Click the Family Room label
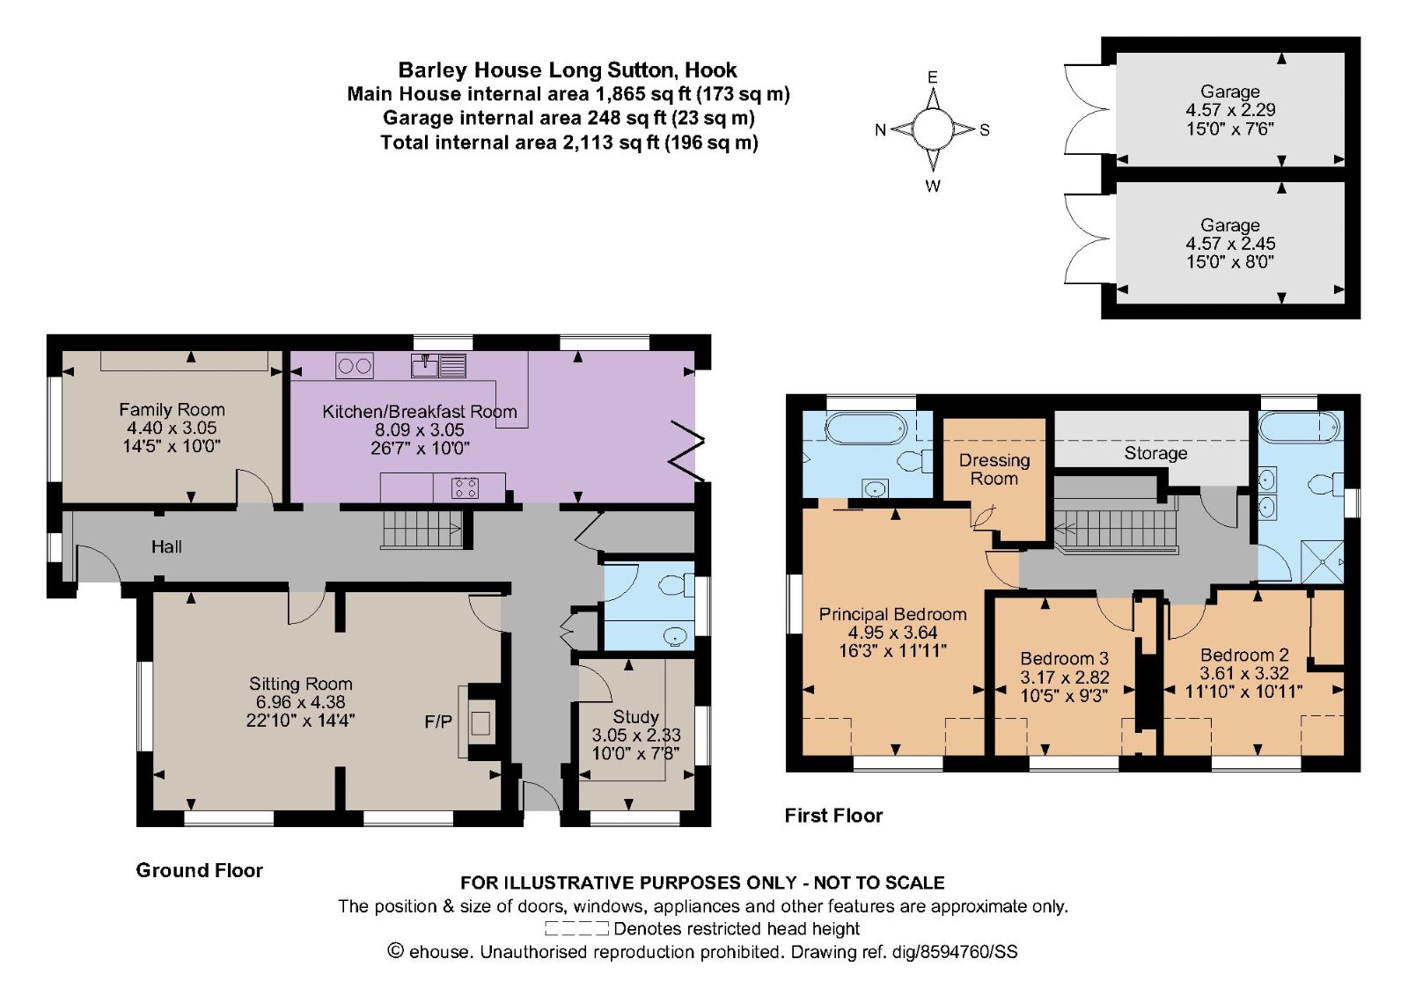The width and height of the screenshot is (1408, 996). [172, 410]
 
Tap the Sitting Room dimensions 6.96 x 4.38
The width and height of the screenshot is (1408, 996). [300, 702]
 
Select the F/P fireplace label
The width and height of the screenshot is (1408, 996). [438, 721]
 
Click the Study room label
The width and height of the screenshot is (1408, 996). [635, 717]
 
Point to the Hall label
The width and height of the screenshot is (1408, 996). [166, 546]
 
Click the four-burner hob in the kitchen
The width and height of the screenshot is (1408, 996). [466, 487]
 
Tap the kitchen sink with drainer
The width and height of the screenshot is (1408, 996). [439, 365]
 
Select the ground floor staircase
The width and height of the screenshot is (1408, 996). [422, 530]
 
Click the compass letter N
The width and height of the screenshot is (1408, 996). [880, 130]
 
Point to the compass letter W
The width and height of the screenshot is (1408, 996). [933, 186]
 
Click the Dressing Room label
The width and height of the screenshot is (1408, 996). [994, 470]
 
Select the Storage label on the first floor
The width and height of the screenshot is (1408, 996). [1155, 453]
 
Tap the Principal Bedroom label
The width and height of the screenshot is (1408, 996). [892, 614]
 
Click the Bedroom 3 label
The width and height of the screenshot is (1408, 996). [1064, 658]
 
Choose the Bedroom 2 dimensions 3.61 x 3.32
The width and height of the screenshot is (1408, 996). [1244, 673]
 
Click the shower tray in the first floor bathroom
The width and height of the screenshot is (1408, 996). [1322, 561]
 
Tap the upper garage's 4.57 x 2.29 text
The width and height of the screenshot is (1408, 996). [1230, 110]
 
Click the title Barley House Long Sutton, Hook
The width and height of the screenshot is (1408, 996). [568, 70]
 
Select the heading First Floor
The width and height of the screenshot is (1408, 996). [833, 816]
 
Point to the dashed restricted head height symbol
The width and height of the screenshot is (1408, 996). [576, 928]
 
